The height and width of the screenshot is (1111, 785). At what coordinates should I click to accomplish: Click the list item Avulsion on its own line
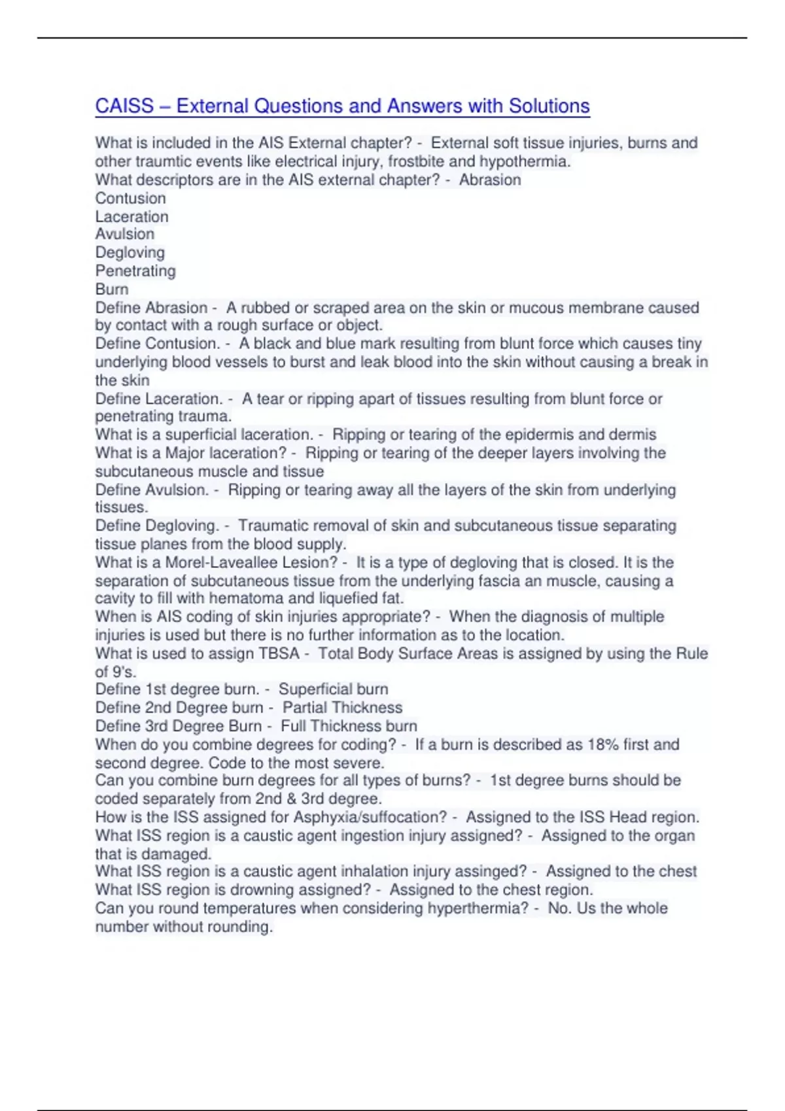pos(125,234)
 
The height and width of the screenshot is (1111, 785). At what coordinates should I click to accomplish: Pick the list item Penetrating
pos(135,271)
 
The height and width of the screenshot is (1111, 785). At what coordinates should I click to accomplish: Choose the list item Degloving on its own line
pos(130,252)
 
